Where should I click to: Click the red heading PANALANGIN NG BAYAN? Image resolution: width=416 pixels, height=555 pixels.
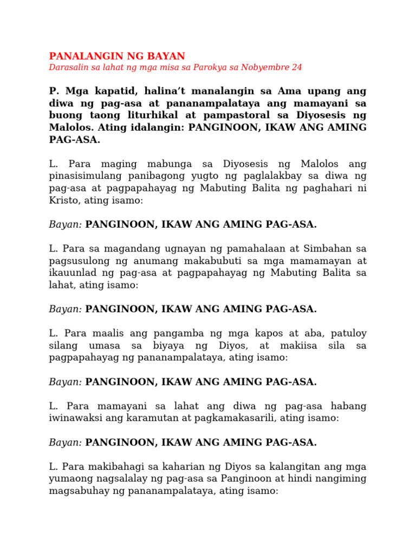click(117, 56)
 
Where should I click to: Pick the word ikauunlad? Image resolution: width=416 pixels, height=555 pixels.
click(72, 272)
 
